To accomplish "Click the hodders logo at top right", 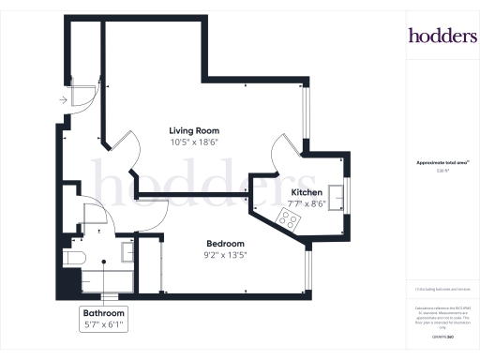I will point(442,36).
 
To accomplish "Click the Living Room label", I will point(194,130).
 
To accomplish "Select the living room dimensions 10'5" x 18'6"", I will point(194,142).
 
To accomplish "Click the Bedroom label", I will point(226,243).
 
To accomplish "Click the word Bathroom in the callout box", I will point(103,313).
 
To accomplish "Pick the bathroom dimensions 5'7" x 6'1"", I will point(103,324).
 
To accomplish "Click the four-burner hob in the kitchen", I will point(288,221).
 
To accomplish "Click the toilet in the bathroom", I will point(74,256).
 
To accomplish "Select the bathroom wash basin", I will point(128,249).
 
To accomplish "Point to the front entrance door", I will point(82,94).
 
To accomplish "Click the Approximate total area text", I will point(442,162).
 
